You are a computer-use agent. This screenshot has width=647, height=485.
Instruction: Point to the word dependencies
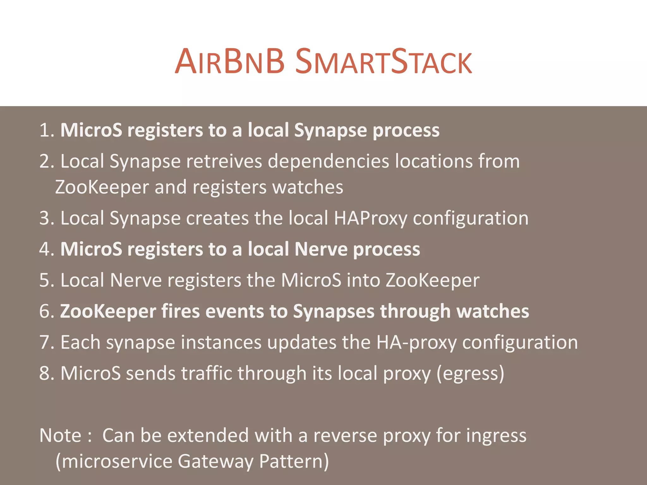pos(329,161)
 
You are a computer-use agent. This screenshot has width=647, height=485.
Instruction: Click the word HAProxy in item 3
pos(371,218)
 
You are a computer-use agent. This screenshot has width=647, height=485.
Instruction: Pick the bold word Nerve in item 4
pos(321,249)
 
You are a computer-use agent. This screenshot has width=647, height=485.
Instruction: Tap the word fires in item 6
pos(180,311)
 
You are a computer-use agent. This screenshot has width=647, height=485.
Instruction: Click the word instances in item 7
pos(221,342)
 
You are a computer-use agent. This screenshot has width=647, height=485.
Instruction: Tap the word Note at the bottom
pos(60,435)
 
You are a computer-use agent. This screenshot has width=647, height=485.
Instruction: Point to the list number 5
pos(45,280)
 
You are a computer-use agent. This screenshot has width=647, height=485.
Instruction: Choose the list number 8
pos(45,373)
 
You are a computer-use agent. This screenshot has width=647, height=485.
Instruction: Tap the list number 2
pos(45,161)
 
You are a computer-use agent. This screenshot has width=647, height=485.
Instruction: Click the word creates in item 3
pos(217,218)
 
